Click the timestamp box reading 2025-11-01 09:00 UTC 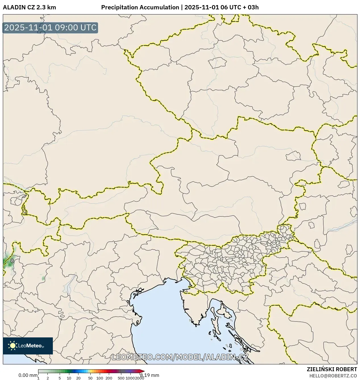[x=50, y=28]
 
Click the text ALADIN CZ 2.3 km [x=29, y=7]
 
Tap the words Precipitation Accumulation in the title [x=140, y=7]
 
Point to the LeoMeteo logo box [x=28, y=346]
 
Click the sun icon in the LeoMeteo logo [x=13, y=346]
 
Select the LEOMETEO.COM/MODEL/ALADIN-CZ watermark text [x=180, y=357]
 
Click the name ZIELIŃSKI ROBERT [x=332, y=369]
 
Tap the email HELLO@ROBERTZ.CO [x=333, y=376]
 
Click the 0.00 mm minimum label [x=28, y=375]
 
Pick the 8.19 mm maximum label [x=149, y=375]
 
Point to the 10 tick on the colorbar [x=69, y=378]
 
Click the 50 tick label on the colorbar [x=90, y=378]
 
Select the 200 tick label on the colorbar [x=109, y=378]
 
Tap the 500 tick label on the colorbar [x=121, y=378]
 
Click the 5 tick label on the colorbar [x=60, y=378]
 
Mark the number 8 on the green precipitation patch [x=12, y=260]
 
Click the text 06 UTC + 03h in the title [x=240, y=7]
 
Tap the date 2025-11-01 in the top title [x=201, y=7]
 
